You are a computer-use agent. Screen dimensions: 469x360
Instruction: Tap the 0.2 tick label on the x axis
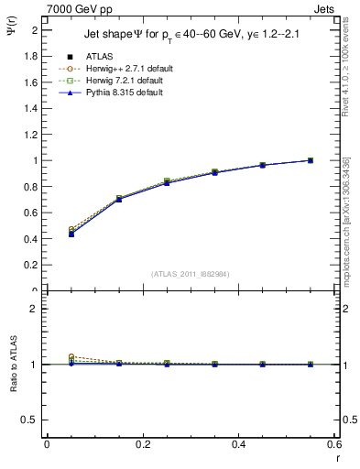[142, 444]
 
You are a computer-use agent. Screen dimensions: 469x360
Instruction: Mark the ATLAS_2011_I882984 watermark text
[190, 273]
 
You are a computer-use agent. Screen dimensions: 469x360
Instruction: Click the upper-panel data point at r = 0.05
[71, 234]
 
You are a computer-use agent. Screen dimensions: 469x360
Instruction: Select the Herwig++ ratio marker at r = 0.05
[71, 357]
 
